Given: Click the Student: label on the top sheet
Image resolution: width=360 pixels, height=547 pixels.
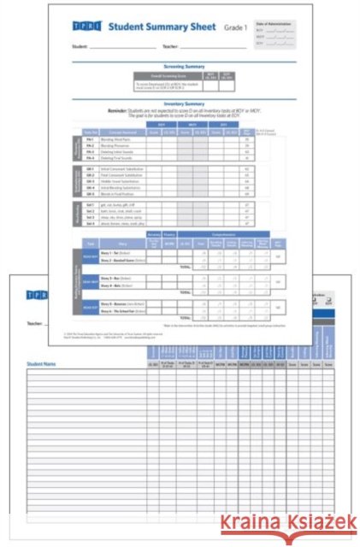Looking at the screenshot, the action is pos(80,46).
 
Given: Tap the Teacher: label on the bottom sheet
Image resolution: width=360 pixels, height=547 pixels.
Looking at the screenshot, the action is pos(37,324).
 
